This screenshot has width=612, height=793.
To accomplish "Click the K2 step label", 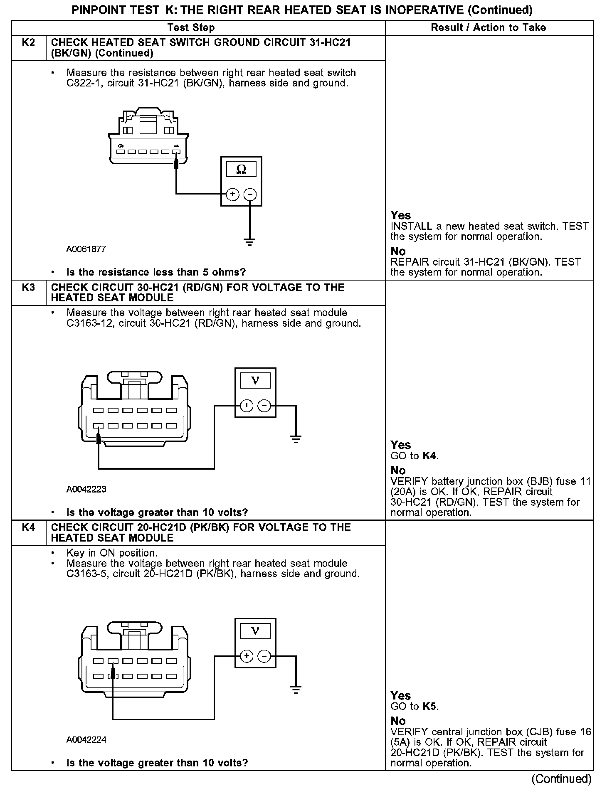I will pos(28,42).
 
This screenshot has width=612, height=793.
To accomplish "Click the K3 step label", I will pos(28,287).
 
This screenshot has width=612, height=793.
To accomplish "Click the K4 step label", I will pos(28,527).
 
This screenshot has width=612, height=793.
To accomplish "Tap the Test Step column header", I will pos(191,27).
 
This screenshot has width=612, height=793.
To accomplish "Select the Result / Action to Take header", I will pos(489,27).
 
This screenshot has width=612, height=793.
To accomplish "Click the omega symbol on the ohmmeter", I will pos(241,169).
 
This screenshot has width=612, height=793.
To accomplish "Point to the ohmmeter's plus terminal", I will pos(232,194).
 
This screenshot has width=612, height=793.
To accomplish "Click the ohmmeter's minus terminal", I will pos(249,194).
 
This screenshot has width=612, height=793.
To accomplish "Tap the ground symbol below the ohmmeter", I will pos(249,242).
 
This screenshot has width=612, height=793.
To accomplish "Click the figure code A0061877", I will pos(86,249).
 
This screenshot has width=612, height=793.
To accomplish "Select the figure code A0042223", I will pos(86,489).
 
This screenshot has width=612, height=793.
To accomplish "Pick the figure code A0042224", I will pos(86,740).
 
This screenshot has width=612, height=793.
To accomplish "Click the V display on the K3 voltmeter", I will pos(255,380).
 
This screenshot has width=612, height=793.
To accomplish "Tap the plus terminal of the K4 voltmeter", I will pos(247,656).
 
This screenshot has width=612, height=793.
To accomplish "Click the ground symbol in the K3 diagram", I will pos(296,439).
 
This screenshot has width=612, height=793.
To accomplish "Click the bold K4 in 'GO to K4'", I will pos(429,456).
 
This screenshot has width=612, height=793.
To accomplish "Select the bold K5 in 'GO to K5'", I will pos(430,707).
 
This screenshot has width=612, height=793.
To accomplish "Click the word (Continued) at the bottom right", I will pos(561,778).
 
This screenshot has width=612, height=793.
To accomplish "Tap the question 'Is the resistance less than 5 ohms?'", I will pos(156,272).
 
